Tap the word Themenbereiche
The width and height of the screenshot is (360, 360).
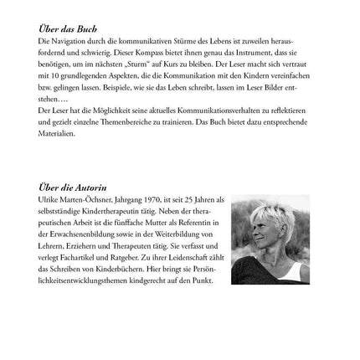(133, 119)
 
